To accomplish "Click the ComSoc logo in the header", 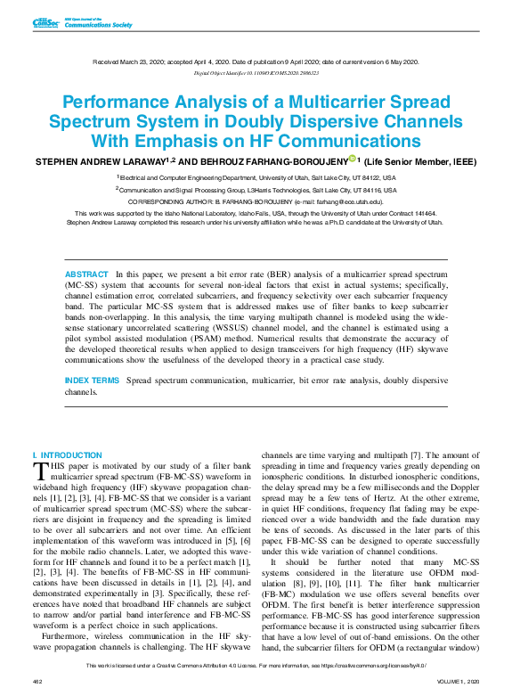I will click(45, 22).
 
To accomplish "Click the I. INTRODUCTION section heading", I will click(67, 454).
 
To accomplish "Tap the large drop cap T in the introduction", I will click(39, 470).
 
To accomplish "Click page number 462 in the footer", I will click(37, 682).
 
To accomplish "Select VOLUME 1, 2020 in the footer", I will click(459, 682).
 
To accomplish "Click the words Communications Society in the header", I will click(97, 26).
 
